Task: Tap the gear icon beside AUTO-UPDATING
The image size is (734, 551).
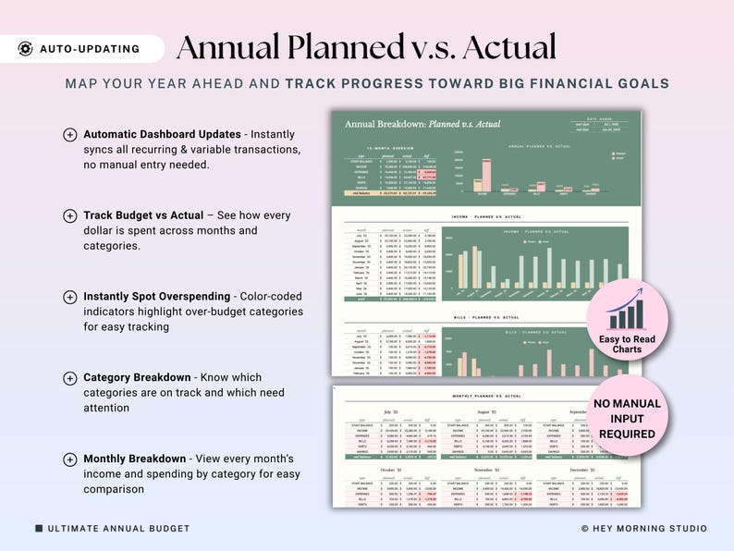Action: pyautogui.click(x=25, y=49)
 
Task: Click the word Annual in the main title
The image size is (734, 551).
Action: pyautogui.click(x=231, y=47)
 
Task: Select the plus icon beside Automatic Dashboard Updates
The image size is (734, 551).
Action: pyautogui.click(x=70, y=134)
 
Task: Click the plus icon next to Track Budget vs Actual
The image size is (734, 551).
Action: pyautogui.click(x=70, y=215)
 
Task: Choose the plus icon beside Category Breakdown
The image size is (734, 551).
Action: pyautogui.click(x=70, y=378)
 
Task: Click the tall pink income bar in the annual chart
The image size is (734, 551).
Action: pyautogui.click(x=483, y=175)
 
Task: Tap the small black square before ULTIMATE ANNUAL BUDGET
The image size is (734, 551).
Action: pyautogui.click(x=39, y=529)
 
